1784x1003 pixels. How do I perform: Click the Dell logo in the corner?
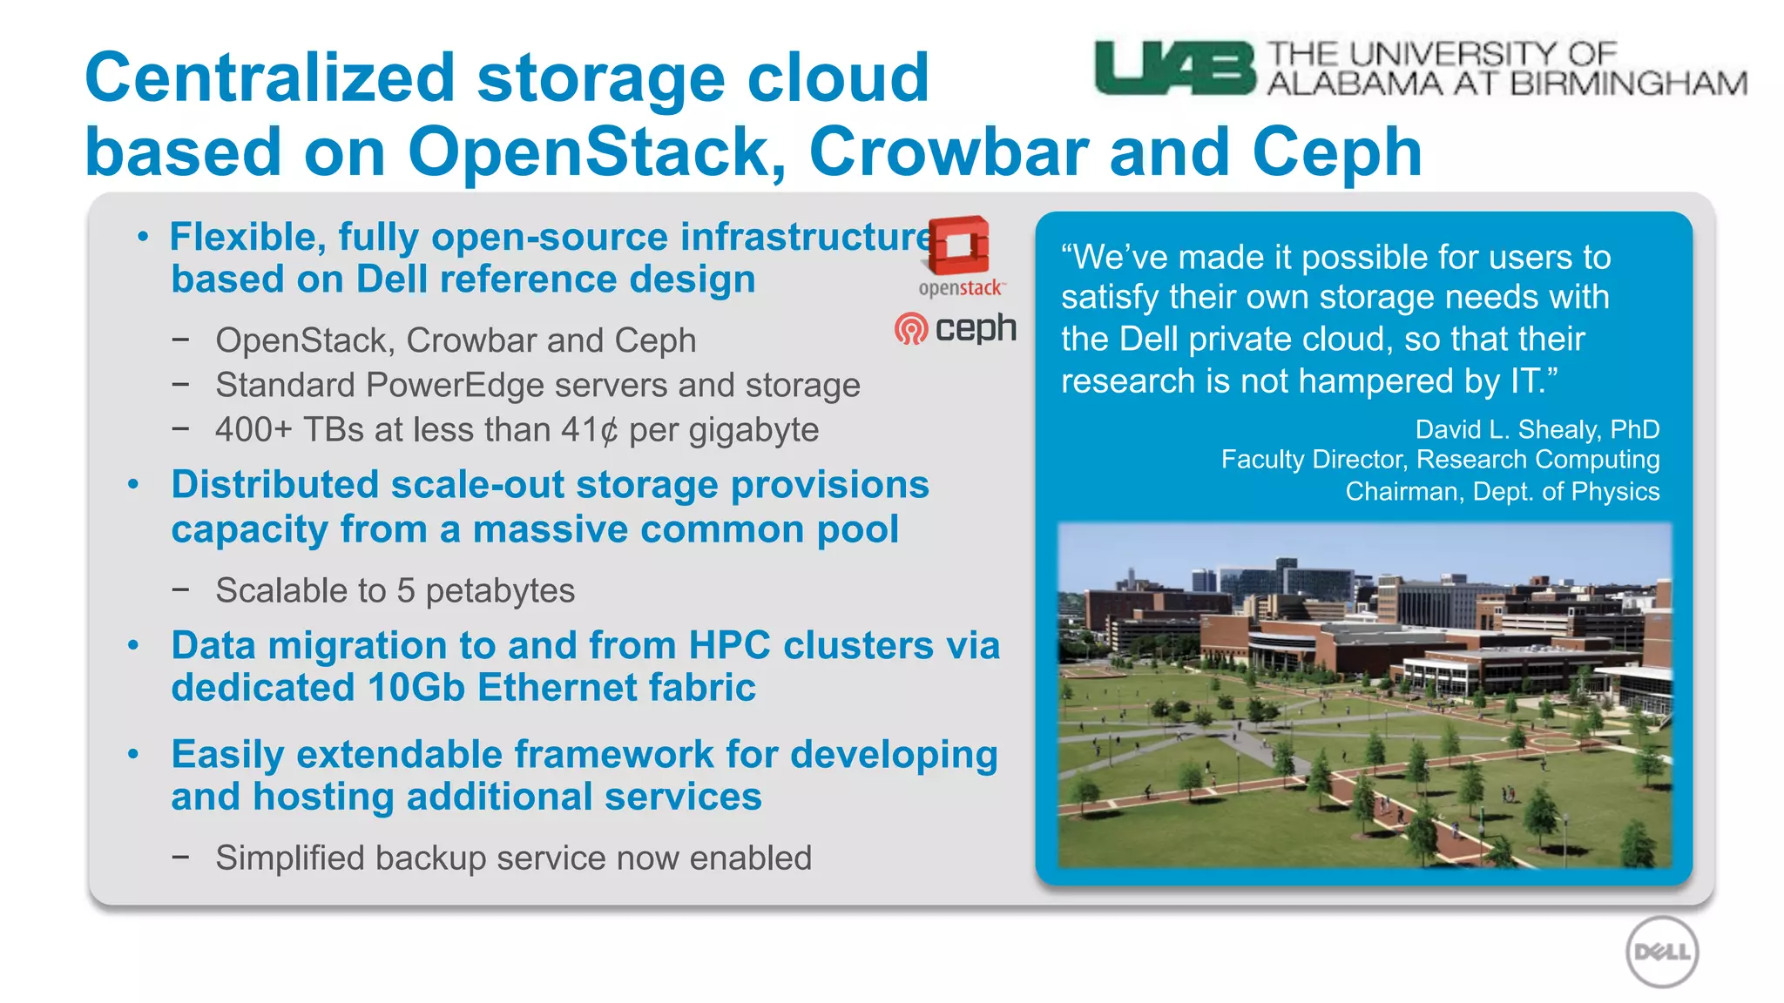coord(1662,952)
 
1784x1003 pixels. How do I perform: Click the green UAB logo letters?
coord(1174,68)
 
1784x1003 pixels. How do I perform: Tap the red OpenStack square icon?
coord(958,245)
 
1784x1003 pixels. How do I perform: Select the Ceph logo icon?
coord(911,329)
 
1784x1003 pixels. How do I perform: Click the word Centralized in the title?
coord(270,78)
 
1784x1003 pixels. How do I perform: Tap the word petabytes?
coord(500,591)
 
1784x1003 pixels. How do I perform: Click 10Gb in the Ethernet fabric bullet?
coord(416,688)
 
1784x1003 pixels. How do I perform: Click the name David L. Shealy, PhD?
coord(1537,429)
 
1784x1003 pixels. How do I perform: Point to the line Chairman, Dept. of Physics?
coord(1502,492)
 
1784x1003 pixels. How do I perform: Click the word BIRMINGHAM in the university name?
coord(1628,84)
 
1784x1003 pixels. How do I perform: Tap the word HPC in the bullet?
coord(729,646)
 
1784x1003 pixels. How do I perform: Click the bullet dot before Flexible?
coord(144,237)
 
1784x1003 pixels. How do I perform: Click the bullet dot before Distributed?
coord(133,485)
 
